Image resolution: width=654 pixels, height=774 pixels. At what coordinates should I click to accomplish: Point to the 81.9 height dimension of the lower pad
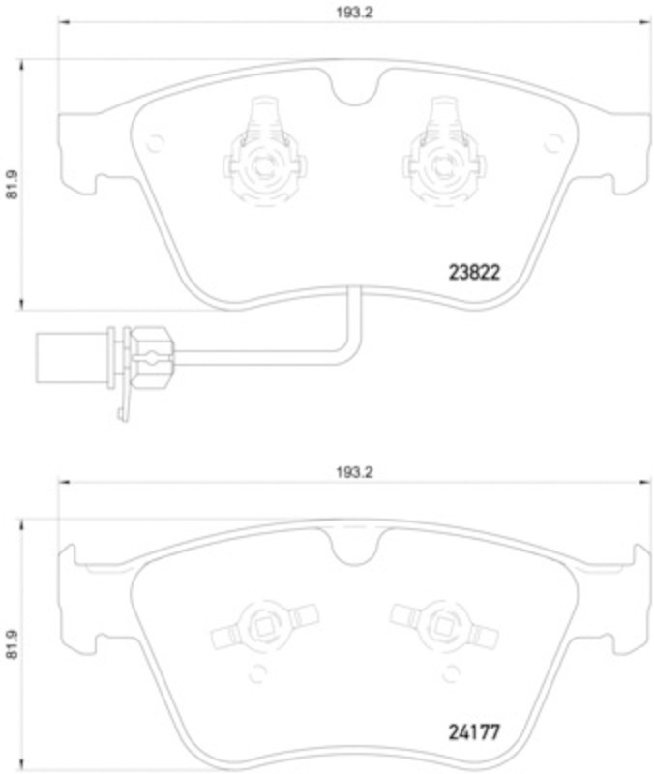point(13,646)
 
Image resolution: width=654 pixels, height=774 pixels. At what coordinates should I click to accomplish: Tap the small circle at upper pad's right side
point(552,142)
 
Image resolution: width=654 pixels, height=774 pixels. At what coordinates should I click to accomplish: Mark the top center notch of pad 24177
point(353,551)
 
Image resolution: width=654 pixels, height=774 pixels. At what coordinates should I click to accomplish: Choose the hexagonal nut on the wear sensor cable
point(149,356)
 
